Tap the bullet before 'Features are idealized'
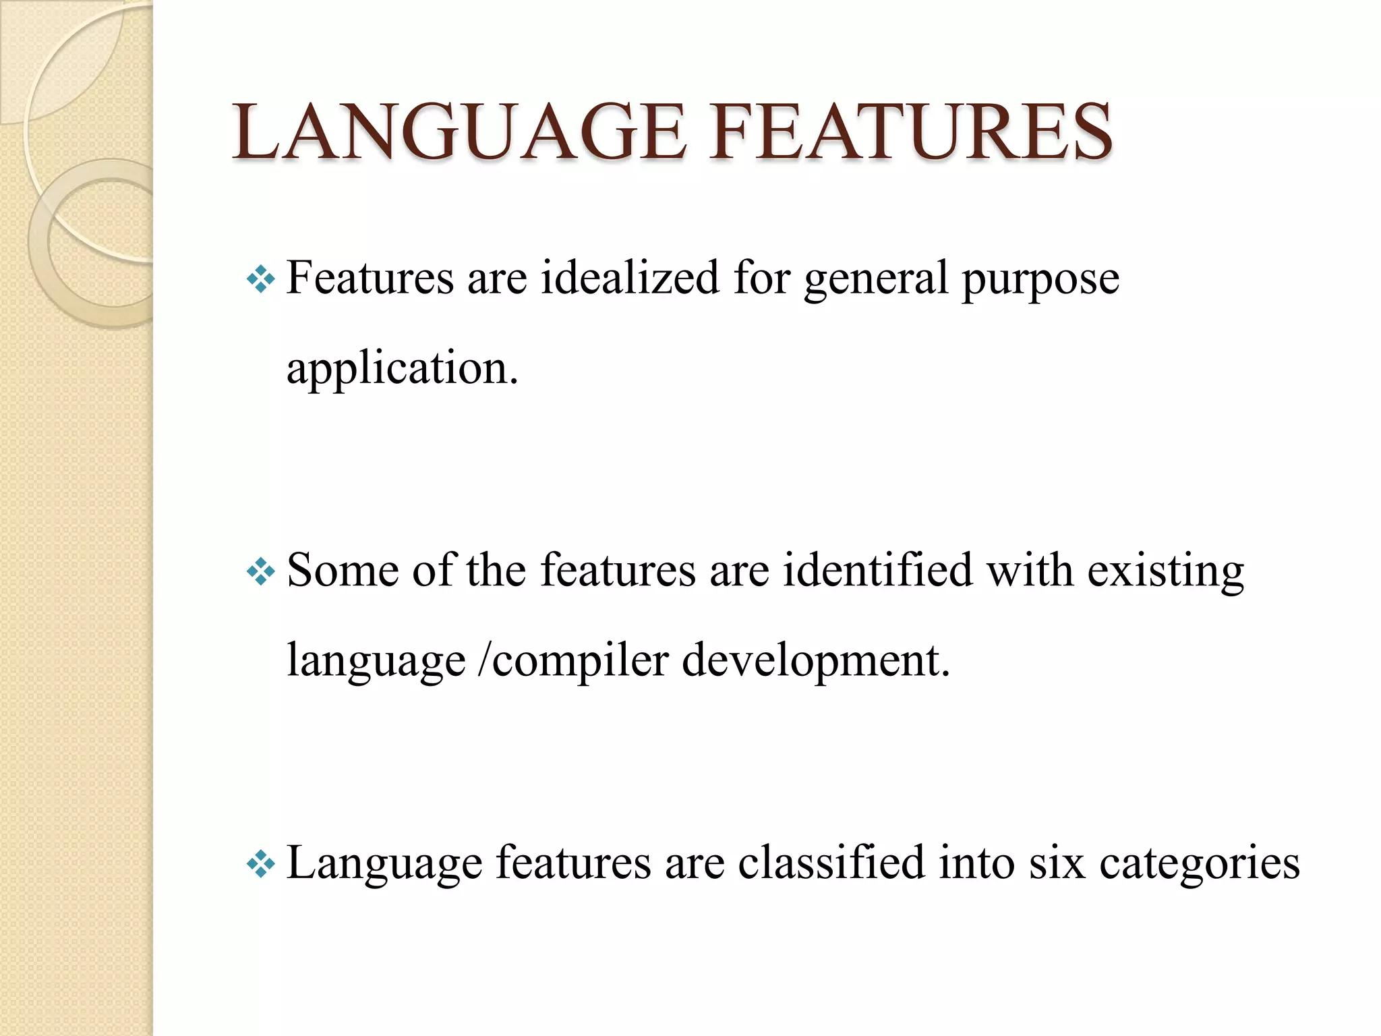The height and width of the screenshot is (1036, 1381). pos(261,279)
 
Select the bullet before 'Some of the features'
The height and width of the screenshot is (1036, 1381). pos(261,573)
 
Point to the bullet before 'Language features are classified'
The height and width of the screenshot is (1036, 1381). pos(261,864)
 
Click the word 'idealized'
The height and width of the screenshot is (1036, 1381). pos(630,277)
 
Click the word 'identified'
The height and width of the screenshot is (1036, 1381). pos(877,570)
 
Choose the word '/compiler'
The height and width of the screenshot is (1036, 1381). pos(572,661)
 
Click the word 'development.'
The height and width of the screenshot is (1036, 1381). pos(816,661)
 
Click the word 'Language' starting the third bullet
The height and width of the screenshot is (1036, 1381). pos(384,863)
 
